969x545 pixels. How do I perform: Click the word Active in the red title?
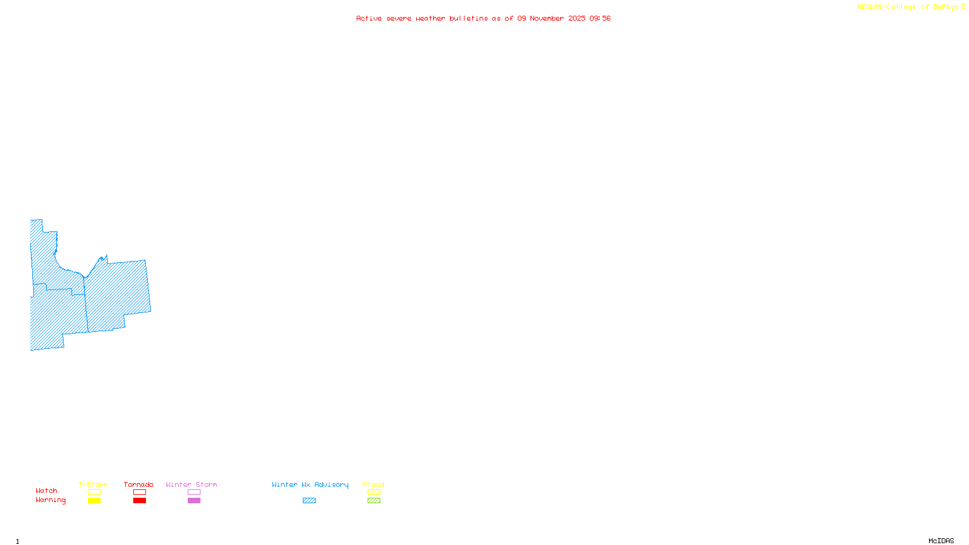(368, 18)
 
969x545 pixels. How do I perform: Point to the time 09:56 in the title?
(600, 18)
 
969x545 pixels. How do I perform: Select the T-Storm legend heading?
(93, 484)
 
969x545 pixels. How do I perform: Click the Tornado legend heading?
(139, 484)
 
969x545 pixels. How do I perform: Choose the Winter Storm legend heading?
(191, 484)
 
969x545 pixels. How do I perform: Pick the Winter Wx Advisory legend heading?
(310, 484)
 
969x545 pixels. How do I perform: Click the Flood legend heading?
(374, 484)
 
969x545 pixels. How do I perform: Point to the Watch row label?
(47, 490)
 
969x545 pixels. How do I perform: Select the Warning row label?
(51, 500)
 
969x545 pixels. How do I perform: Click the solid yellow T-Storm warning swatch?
(94, 501)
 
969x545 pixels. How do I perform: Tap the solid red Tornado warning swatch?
(139, 501)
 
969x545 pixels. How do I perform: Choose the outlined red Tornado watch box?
(139, 492)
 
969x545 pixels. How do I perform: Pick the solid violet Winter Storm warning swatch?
(194, 501)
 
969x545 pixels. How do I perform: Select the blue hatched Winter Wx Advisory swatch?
(309, 501)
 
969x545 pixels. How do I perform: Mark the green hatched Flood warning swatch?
(374, 501)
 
